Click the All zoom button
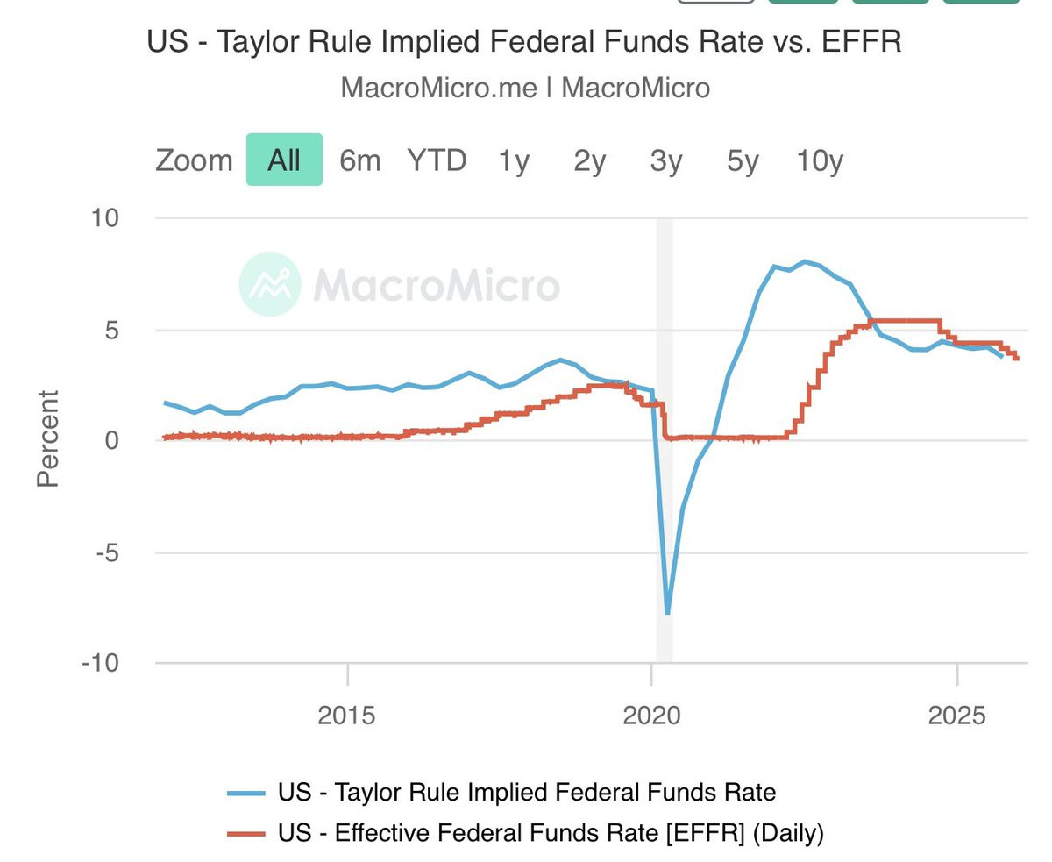(284, 160)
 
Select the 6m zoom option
(360, 160)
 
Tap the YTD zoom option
(436, 160)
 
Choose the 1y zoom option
(514, 160)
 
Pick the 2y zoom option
(590, 160)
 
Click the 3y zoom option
(666, 160)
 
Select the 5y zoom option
(743, 160)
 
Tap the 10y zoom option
(820, 160)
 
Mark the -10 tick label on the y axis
(100, 663)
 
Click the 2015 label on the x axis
(347, 715)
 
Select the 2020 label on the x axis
(651, 715)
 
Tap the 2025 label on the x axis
(956, 715)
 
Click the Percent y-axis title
(48, 438)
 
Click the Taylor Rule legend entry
(526, 793)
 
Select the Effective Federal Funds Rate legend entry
(550, 832)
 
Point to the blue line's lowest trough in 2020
(667, 612)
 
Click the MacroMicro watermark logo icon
(270, 284)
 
